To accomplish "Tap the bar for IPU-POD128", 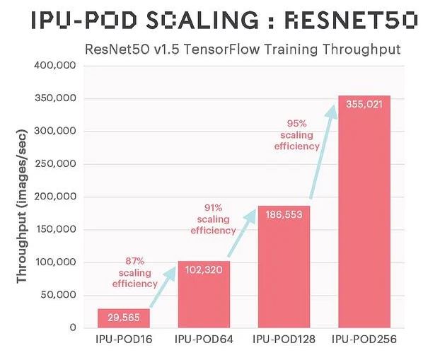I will pos(284,276).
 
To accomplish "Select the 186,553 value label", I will pos(284,214).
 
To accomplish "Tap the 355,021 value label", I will pos(364,103).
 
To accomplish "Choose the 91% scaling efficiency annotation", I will pos(214,219).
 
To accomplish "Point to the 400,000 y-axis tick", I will pos(57,66).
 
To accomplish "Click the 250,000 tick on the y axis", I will pos(57,164).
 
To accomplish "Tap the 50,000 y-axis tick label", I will pos(59,295).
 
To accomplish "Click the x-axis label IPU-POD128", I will pos(284,340).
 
